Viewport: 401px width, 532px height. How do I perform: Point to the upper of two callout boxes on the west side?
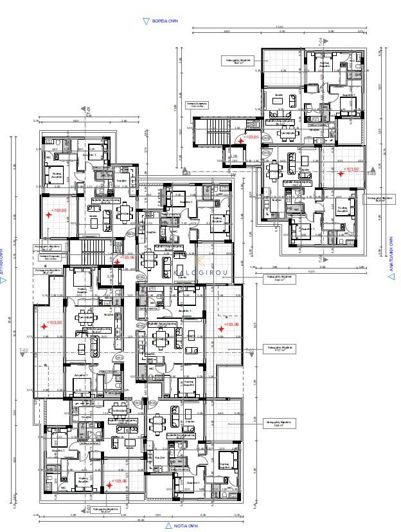pos(46,247)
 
